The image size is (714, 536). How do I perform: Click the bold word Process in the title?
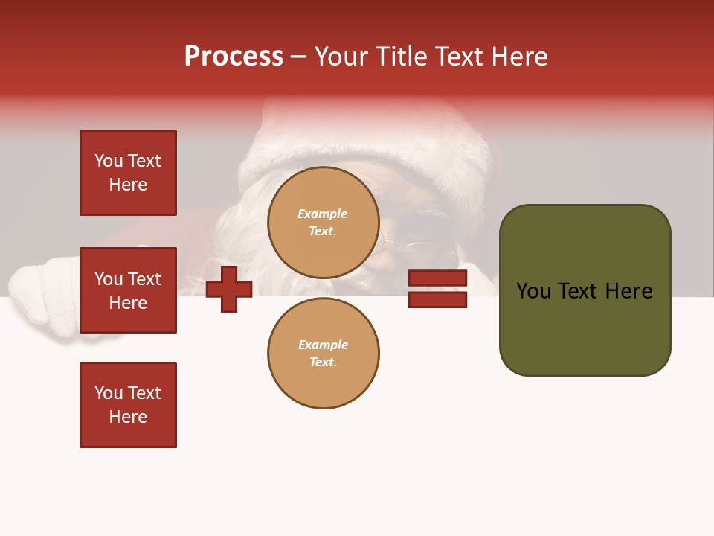(234, 56)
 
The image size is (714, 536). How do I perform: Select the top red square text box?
(128, 173)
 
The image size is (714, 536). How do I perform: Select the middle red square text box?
(128, 290)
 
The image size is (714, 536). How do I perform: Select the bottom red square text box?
(128, 405)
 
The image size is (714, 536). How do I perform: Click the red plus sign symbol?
(229, 289)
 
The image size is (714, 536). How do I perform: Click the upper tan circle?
(324, 223)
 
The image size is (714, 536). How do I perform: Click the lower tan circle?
(324, 353)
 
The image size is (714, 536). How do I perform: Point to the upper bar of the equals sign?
(438, 278)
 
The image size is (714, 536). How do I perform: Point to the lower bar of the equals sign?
(438, 299)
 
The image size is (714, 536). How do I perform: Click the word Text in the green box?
(583, 291)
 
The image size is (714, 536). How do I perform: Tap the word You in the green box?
(533, 291)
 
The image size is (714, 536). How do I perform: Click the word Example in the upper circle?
(323, 214)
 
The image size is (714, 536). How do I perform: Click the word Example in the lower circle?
(323, 345)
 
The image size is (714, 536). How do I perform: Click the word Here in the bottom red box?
(128, 417)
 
